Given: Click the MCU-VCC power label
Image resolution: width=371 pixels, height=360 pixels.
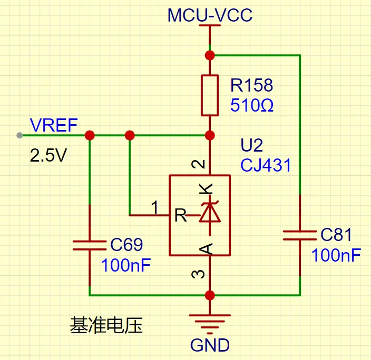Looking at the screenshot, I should coord(210,15).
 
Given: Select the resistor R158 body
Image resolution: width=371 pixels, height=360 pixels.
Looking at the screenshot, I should coord(210,95).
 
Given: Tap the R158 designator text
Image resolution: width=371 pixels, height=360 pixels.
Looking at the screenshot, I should coord(251,85).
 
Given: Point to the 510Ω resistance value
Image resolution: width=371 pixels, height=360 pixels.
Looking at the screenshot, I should coord(251,106).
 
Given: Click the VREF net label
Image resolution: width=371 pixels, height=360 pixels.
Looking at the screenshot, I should coord(54,125).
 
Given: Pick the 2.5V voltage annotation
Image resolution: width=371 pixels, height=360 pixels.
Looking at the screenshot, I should coord(48,156).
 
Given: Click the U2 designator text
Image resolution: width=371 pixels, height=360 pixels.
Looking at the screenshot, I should coord(251,145).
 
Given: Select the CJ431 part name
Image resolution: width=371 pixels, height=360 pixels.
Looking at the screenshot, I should coord(266,165).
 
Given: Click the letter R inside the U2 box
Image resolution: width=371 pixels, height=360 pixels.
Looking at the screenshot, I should coord(180,215).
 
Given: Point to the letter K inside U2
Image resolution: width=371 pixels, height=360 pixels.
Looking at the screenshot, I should coord(208,188).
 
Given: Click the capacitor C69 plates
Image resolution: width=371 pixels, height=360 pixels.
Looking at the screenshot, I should coord(89,245).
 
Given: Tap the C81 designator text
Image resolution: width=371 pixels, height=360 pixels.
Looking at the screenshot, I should coord(336,235).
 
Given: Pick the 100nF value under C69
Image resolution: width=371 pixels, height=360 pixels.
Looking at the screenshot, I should coord(126,265).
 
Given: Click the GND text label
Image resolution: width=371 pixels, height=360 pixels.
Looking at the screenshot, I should coord(210,345).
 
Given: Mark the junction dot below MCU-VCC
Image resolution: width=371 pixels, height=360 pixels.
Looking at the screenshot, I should coord(210,55).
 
